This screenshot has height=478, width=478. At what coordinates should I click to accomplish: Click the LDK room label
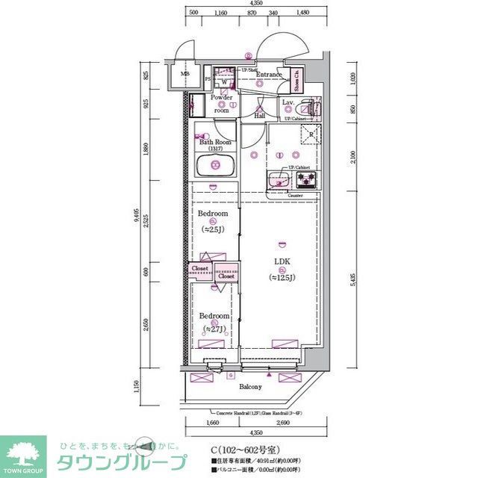[282, 261]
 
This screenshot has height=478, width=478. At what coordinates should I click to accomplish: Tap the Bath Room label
[214, 142]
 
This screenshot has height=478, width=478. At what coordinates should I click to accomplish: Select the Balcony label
[250, 387]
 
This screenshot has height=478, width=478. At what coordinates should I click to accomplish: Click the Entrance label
[269, 75]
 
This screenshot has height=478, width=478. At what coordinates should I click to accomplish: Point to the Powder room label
[221, 103]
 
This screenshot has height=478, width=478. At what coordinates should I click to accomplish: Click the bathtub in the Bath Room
[215, 166]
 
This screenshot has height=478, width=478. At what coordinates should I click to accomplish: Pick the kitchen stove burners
[307, 179]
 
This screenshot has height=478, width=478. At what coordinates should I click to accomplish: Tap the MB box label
[185, 75]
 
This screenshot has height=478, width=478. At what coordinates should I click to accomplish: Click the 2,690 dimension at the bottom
[282, 423]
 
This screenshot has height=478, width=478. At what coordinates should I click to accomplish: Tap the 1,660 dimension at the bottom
[213, 423]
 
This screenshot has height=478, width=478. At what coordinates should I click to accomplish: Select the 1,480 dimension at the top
[302, 13]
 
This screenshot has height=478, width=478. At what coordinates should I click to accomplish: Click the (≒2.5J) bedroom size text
[213, 229]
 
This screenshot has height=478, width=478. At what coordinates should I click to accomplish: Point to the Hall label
[260, 116]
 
